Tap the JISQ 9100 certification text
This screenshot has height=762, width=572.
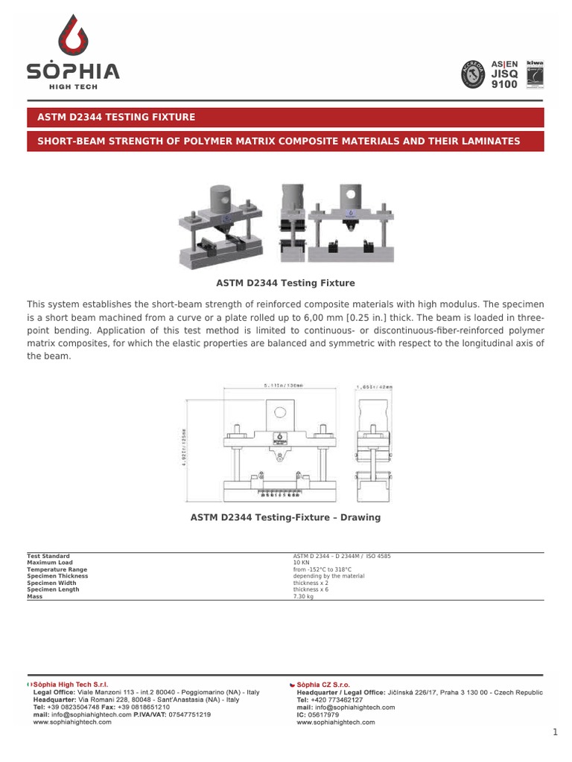(x=504, y=79)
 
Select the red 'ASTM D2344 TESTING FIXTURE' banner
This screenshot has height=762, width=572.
(x=111, y=117)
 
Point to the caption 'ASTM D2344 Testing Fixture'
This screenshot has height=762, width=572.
(x=285, y=284)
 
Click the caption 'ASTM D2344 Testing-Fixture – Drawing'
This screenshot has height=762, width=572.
(x=285, y=517)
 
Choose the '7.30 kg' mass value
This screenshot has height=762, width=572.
(x=304, y=597)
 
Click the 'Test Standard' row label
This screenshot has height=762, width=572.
(x=48, y=556)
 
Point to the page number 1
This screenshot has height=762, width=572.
(x=555, y=733)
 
